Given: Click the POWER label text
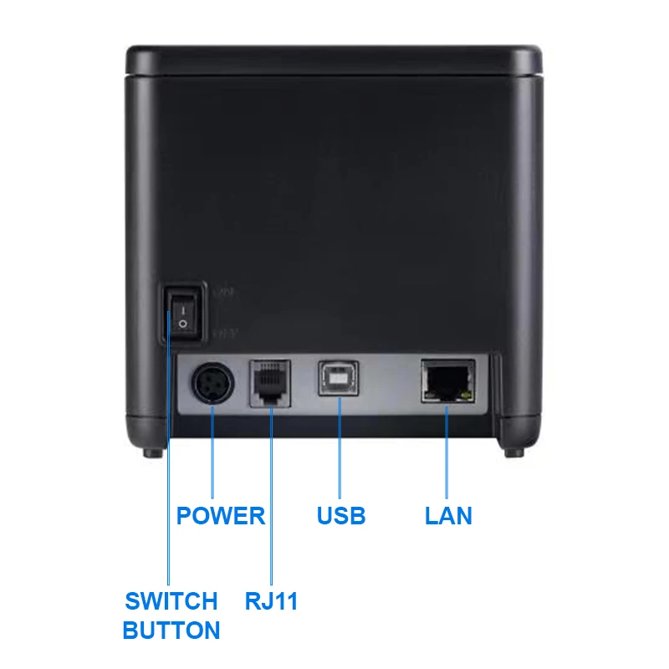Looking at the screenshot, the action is pos(221,515).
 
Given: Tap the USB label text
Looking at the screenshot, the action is pos(341,515).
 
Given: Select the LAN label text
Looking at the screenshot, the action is pos(448,515).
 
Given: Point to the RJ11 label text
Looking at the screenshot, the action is pos(271,601).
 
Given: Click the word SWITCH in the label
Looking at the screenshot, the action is pos(171,601).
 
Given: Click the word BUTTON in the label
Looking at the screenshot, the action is pos(171,631).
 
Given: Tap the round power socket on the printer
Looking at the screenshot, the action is pos(213,383).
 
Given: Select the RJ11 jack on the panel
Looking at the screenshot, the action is pos(270,383).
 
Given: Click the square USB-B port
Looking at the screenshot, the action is pos(339,379).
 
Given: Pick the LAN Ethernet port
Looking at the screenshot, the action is pos(448,381).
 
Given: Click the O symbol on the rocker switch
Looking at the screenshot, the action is pos(182,324).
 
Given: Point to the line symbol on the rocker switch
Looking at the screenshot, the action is pos(183,310).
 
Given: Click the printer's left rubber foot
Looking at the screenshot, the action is pos(153,452).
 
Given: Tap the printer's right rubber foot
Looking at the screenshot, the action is pos(514,452).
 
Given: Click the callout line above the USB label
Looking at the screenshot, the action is pos(340,448).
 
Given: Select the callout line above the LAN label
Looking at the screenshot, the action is pos(447,452).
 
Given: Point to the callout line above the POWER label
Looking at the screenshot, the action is pos(212,452).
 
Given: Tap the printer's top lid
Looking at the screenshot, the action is pos(334,60).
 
